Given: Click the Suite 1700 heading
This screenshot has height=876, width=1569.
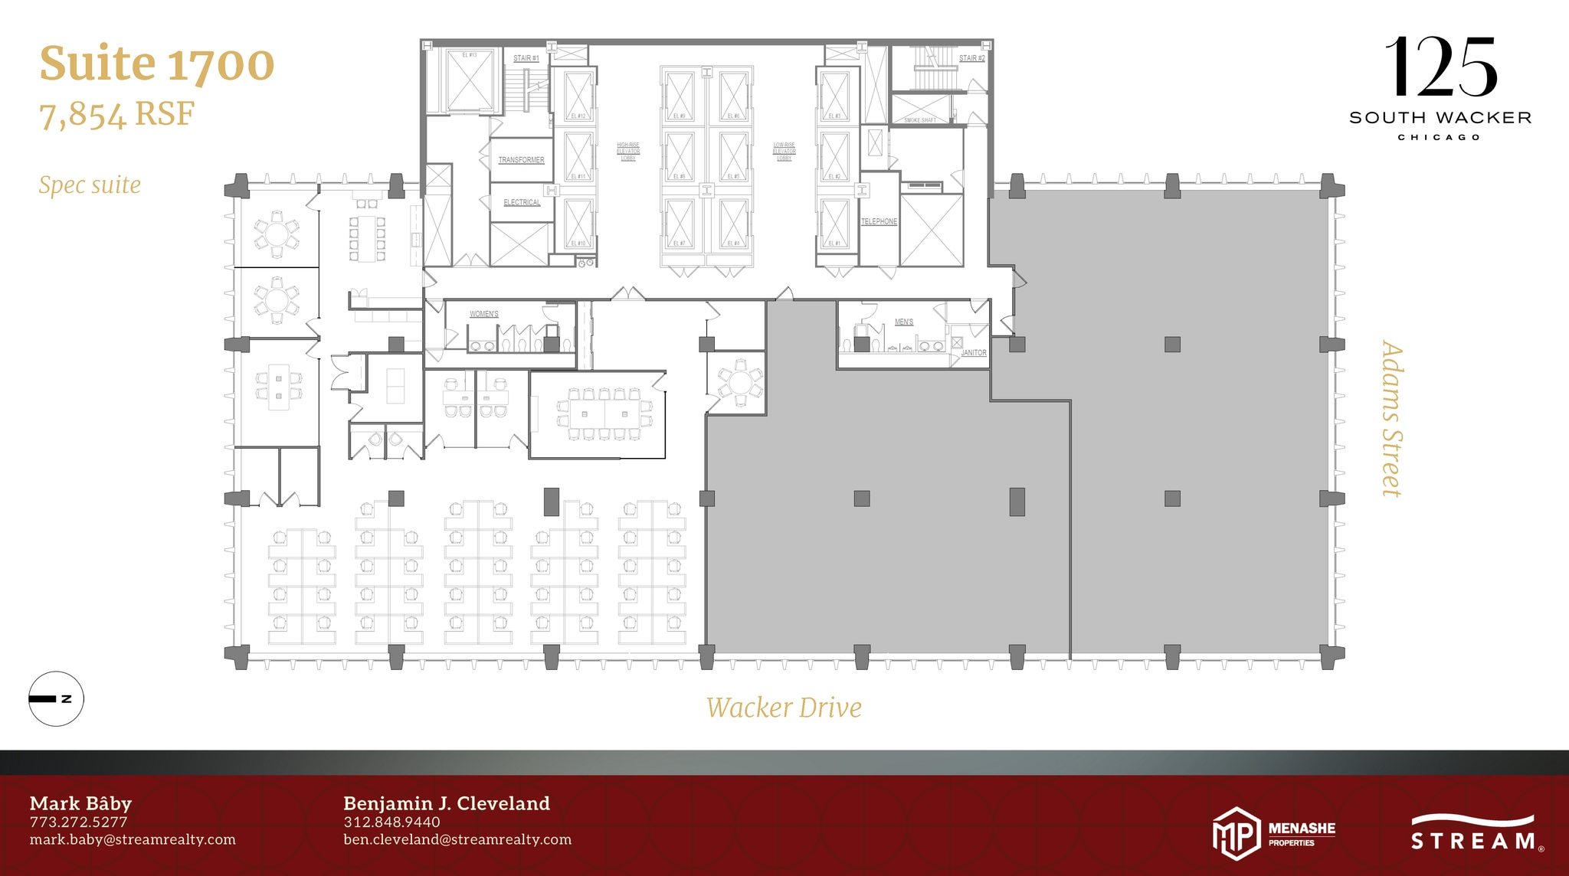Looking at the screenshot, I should [x=157, y=64].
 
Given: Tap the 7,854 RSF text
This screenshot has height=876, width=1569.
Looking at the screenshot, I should [x=117, y=115].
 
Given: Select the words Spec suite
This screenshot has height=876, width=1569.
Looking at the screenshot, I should [x=90, y=185].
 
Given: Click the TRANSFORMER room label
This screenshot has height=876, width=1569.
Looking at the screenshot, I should [x=521, y=160].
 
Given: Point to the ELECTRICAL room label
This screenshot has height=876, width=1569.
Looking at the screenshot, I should [x=522, y=202].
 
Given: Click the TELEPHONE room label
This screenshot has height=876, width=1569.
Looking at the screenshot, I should [x=879, y=221].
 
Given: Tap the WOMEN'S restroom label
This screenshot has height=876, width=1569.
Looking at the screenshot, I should [x=484, y=314].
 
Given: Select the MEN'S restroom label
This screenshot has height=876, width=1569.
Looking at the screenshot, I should [x=904, y=322].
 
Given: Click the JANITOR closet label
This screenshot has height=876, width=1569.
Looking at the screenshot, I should [x=974, y=353].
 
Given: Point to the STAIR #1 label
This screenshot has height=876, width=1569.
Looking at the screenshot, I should [x=526, y=58].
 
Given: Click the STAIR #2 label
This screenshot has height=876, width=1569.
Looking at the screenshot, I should [x=971, y=58].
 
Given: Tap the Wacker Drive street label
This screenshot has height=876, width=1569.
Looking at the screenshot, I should [x=784, y=708].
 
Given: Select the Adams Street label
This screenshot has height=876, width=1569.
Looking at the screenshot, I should [x=1391, y=419].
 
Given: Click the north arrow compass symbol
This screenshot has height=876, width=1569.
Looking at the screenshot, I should [x=56, y=698].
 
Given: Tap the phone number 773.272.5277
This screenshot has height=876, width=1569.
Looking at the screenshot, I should [x=79, y=822].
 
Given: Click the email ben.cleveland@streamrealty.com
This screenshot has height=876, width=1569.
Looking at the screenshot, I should [x=457, y=839].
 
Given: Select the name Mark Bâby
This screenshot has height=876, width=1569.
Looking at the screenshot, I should [x=80, y=803].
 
